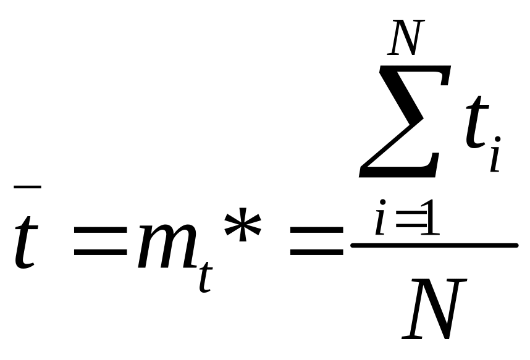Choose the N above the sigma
point(405,38)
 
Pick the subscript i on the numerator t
point(495,157)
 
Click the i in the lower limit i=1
point(381,223)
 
